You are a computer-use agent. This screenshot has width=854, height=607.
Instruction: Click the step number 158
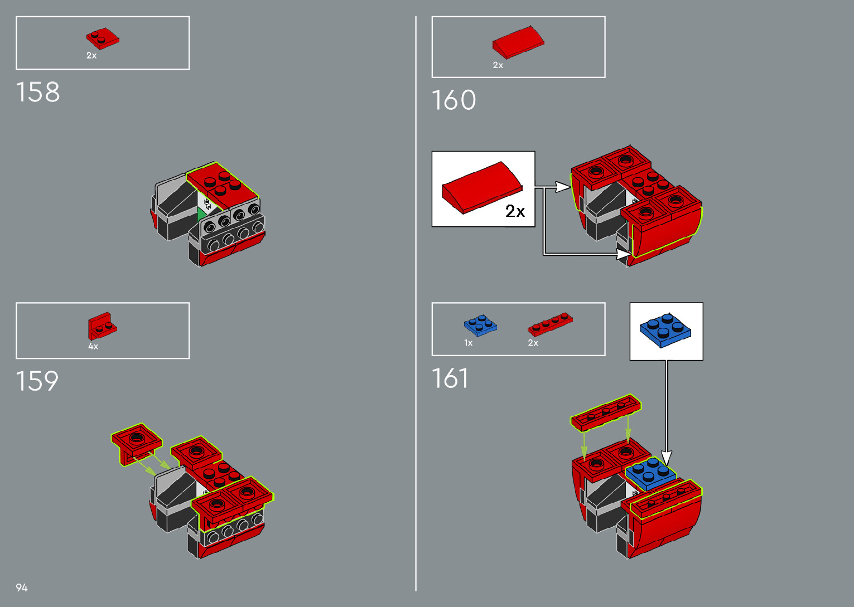[37, 92]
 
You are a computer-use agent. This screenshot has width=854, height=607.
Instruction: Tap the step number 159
[37, 381]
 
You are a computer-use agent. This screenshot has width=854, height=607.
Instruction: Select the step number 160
[453, 100]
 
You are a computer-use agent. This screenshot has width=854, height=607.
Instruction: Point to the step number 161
[450, 378]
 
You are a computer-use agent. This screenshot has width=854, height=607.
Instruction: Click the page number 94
[22, 587]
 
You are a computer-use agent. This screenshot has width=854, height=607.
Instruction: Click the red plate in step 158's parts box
[103, 39]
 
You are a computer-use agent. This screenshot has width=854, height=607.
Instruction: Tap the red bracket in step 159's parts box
[102, 326]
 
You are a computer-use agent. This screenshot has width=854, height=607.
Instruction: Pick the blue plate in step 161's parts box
[480, 326]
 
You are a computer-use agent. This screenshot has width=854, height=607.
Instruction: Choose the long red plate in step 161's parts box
[550, 323]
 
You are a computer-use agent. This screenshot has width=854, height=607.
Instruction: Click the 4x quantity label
[93, 347]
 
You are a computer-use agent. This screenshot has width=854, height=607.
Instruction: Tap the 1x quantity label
[469, 343]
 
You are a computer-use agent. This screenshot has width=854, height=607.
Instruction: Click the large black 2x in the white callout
[515, 211]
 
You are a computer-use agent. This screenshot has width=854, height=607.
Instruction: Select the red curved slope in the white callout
[482, 187]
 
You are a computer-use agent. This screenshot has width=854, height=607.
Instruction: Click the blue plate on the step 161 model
[650, 473]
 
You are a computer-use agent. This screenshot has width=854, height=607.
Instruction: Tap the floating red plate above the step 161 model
[606, 412]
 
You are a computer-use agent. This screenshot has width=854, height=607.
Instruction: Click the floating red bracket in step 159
[136, 441]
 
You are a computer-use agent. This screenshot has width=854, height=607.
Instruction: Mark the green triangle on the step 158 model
[201, 214]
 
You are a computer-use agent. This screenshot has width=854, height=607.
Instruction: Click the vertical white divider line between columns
[416, 304]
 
